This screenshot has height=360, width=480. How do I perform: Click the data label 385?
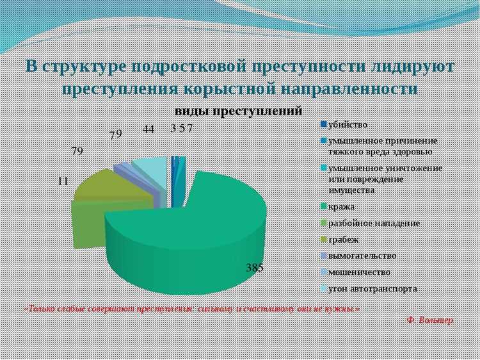(x=255, y=268)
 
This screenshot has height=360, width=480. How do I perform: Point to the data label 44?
(x=148, y=129)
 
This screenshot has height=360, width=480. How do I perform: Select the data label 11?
(x=63, y=181)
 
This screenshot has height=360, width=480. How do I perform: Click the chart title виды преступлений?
(x=238, y=111)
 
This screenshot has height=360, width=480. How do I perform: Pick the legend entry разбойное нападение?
(x=374, y=223)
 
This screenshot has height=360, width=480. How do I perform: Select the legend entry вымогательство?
(x=362, y=256)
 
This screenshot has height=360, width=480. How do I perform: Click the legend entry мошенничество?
(x=359, y=272)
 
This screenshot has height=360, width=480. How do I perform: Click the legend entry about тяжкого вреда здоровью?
(x=382, y=146)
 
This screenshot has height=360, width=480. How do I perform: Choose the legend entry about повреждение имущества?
(x=384, y=179)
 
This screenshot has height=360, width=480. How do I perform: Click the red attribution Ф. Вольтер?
(x=429, y=320)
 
